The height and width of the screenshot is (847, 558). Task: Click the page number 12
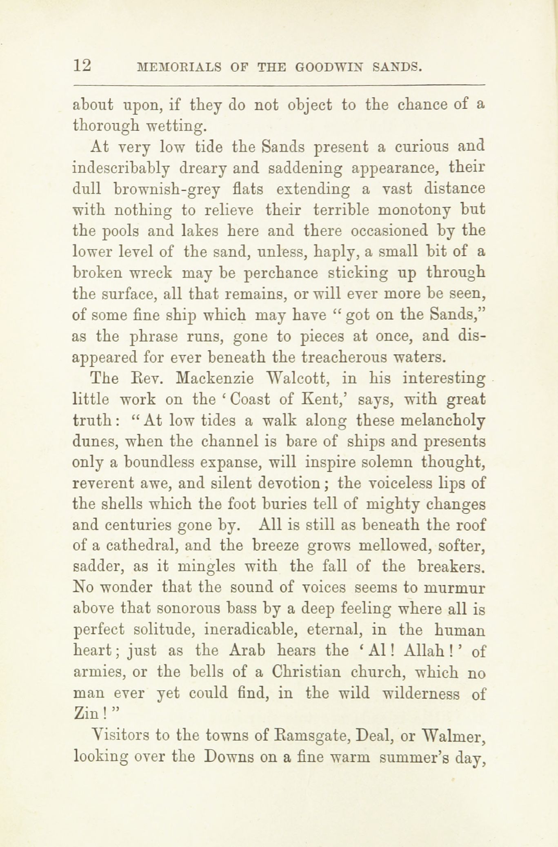pos(82,66)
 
